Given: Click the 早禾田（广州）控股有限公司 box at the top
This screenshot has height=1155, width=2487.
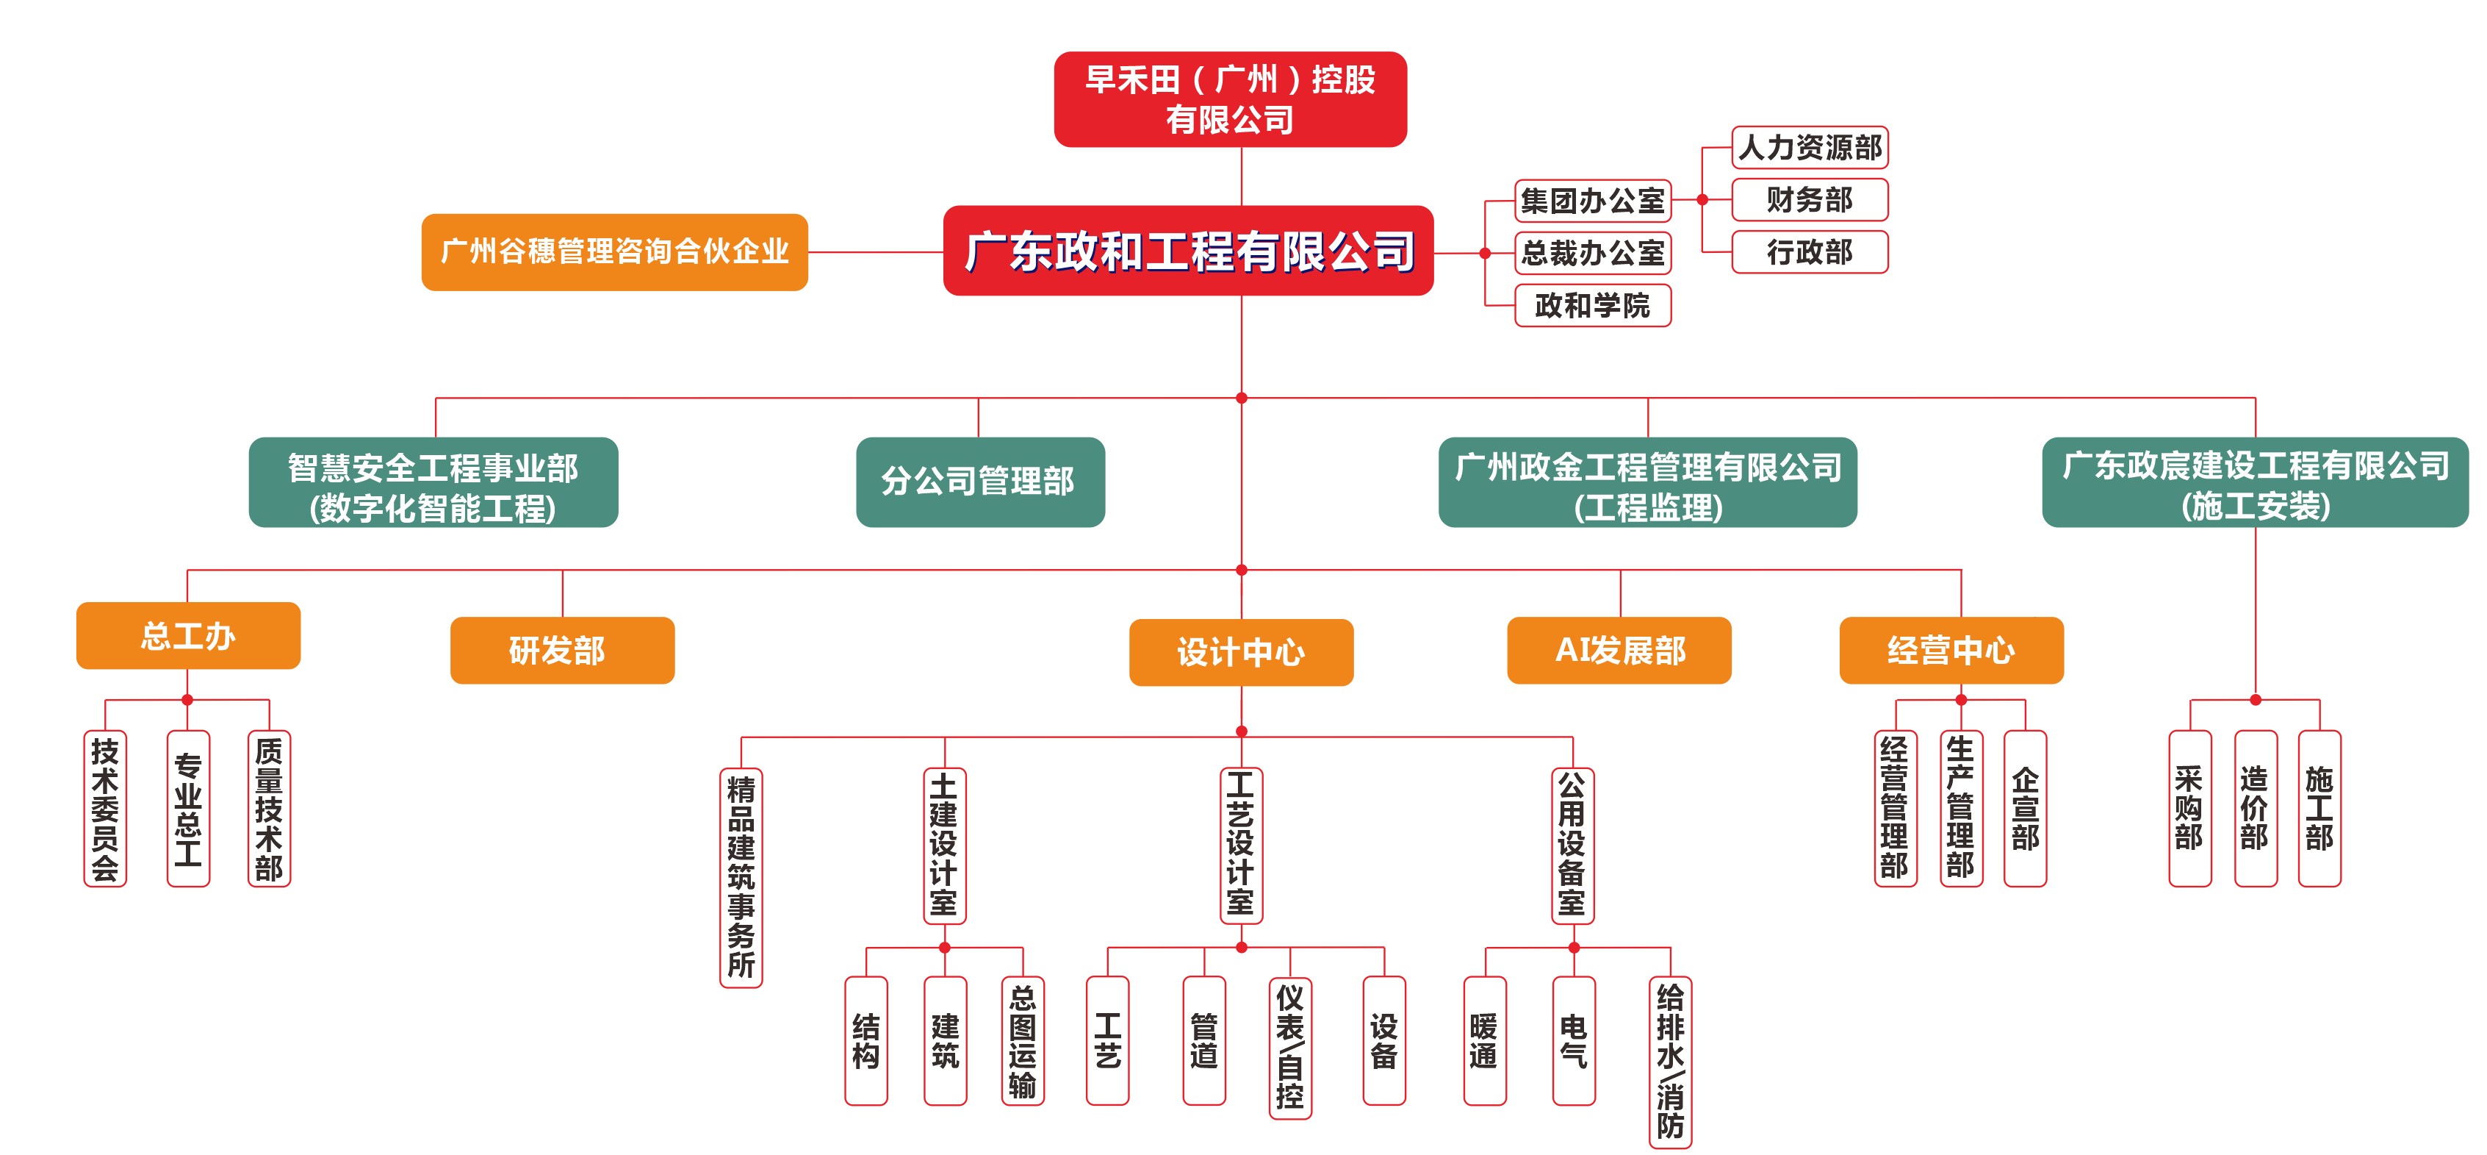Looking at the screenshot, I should coord(1229,99).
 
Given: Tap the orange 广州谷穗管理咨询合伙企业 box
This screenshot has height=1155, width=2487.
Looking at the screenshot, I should coord(614,252).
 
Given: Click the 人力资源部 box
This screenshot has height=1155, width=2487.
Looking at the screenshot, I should coord(1810,148).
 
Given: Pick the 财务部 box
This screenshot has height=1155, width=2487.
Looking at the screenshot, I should coord(1810,200).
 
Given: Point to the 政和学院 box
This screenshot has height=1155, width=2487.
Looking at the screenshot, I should coord(1592,305).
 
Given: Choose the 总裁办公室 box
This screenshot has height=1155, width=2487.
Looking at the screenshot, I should coord(1592,253).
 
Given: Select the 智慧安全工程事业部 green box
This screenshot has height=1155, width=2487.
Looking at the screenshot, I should coord(433,482).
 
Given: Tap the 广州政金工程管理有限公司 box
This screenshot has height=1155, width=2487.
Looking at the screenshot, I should coord(1647,482).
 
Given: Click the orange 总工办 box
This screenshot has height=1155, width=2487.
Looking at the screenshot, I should coord(188,635).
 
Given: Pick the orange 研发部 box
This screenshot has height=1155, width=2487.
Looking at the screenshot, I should coord(562,650).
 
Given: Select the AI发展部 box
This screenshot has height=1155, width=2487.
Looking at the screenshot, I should coord(1619,650).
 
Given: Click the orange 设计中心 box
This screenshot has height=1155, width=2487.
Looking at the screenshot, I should coord(1241,652).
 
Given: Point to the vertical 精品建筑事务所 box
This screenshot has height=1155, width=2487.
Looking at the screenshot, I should coord(741,877).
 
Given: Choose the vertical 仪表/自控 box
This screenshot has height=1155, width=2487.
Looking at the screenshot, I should coord(1290,1048).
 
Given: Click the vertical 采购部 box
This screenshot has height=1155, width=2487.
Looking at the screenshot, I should coord(2189,808).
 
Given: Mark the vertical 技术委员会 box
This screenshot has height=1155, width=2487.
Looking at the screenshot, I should coord(105,808).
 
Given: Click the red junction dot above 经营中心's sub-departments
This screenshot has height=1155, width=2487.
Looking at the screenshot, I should coord(1961,699).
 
